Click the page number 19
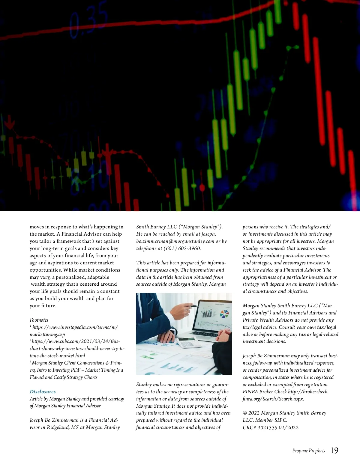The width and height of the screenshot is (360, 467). [x=334, y=451]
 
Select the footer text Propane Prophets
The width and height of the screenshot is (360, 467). [x=308, y=451]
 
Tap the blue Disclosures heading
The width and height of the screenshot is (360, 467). [x=43, y=391]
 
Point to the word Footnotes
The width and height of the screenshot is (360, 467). [x=39, y=320]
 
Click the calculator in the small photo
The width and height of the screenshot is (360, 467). [x=187, y=342]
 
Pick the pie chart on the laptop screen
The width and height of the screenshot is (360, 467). [x=224, y=314]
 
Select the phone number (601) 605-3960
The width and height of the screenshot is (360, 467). [x=182, y=248]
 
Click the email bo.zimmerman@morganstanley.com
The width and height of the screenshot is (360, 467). [x=175, y=241]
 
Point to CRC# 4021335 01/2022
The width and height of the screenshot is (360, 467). [x=270, y=427]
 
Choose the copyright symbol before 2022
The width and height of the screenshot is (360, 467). [x=245, y=413]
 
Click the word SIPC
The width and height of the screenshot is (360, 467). [x=280, y=420]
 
